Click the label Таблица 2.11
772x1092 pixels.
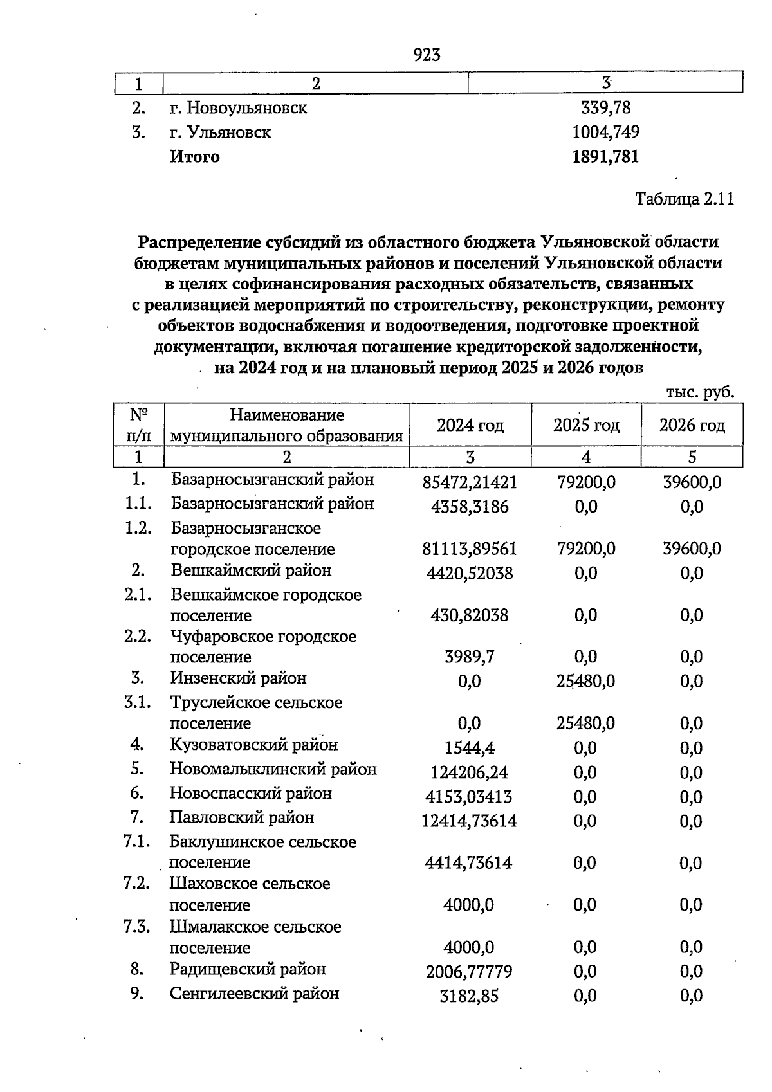coord(685,199)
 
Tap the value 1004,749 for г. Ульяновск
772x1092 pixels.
coord(605,132)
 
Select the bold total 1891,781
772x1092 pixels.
coord(605,157)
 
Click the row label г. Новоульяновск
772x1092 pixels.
coord(238,108)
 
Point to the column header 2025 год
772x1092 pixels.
coord(586,425)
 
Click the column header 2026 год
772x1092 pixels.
coord(692,425)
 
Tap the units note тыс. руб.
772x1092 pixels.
coord(700,392)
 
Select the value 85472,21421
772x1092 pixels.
coord(470,482)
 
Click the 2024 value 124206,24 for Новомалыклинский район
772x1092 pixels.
coord(470,772)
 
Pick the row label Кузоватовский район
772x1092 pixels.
coord(253,745)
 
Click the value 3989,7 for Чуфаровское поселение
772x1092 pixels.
coord(470,657)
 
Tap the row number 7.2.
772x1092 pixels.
coord(137,883)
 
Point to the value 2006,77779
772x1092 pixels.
coord(470,972)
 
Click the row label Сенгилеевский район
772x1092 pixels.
coord(254,994)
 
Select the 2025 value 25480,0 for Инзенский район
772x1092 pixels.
coord(585,681)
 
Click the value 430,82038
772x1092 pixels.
coord(470,615)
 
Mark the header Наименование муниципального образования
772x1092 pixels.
coord(286,425)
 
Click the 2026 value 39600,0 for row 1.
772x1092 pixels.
coord(692,482)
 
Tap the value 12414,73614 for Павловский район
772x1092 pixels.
coord(470,821)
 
